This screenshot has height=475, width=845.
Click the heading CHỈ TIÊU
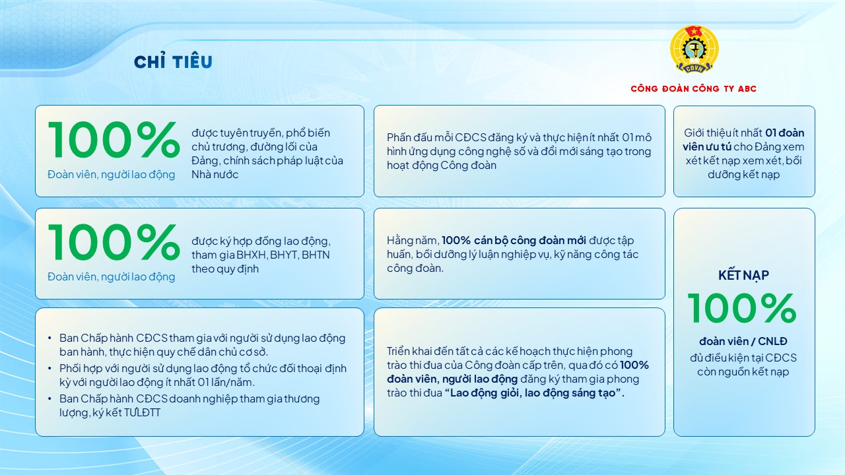click(x=173, y=62)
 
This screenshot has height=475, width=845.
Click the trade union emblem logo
click(x=694, y=50)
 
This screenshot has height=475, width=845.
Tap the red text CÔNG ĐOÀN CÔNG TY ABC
click(x=693, y=89)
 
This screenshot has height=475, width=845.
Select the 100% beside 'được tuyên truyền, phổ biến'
click(x=114, y=140)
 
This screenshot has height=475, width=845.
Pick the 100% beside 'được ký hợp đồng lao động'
click(x=114, y=243)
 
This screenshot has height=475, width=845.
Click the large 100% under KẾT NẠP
click(x=742, y=308)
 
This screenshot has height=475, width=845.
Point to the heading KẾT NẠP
click(x=743, y=275)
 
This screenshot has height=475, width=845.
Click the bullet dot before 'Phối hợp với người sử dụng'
click(x=50, y=368)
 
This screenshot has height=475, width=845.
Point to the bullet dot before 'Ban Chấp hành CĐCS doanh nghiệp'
click(x=50, y=398)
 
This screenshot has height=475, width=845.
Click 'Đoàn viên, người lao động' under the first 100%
click(x=111, y=175)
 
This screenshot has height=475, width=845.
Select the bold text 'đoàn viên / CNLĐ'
click(x=743, y=341)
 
